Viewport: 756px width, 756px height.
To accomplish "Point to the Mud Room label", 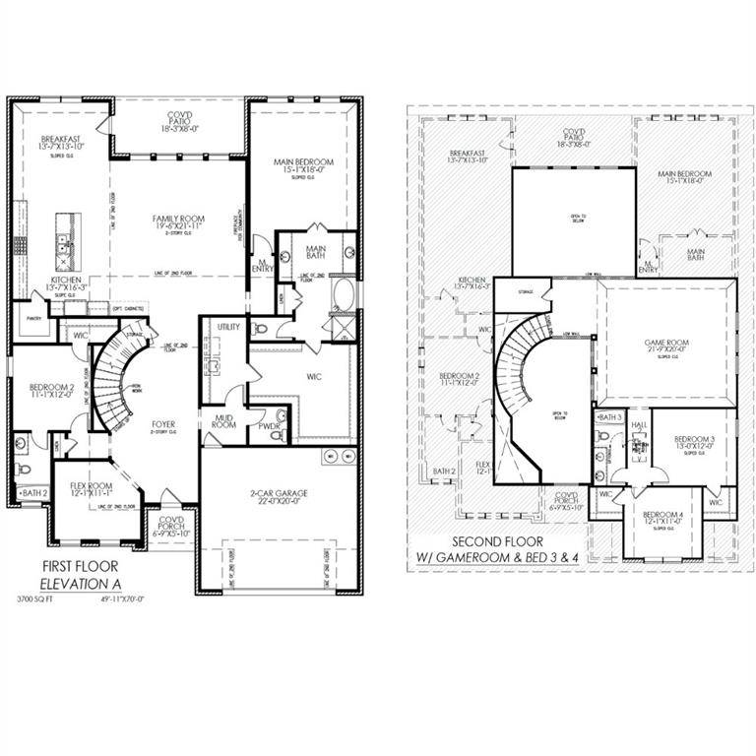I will pyautogui.click(x=224, y=421).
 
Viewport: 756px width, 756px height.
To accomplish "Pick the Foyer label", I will pyautogui.click(x=162, y=426).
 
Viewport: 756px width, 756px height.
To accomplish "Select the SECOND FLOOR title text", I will pyautogui.click(x=500, y=542).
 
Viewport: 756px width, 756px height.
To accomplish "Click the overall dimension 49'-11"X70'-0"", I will pyautogui.click(x=115, y=598).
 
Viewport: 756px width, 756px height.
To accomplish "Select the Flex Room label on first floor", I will pyautogui.click(x=93, y=487).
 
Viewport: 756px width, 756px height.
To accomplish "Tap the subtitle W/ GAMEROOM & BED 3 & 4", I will pyautogui.click(x=501, y=560).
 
